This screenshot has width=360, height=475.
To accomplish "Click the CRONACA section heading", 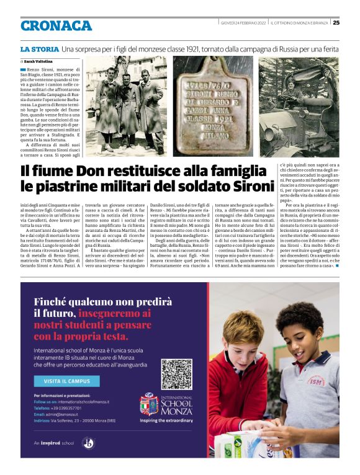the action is (x=56, y=25).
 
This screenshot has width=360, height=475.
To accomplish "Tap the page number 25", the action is (x=336, y=23).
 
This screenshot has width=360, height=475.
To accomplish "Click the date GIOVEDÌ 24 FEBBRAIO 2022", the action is (x=243, y=23).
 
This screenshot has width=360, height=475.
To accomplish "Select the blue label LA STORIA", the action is (x=38, y=48).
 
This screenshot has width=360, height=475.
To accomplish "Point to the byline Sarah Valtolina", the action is (x=38, y=61).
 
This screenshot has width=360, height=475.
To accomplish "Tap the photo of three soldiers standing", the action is (x=126, y=106).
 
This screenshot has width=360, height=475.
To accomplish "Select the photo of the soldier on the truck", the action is (x=299, y=106).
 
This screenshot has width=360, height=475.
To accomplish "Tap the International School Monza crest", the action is (x=149, y=404).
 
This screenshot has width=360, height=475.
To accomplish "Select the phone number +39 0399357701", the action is (x=65, y=409).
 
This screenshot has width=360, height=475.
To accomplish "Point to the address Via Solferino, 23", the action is (x=74, y=420).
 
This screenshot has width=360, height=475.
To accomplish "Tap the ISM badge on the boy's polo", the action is (x=315, y=381).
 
